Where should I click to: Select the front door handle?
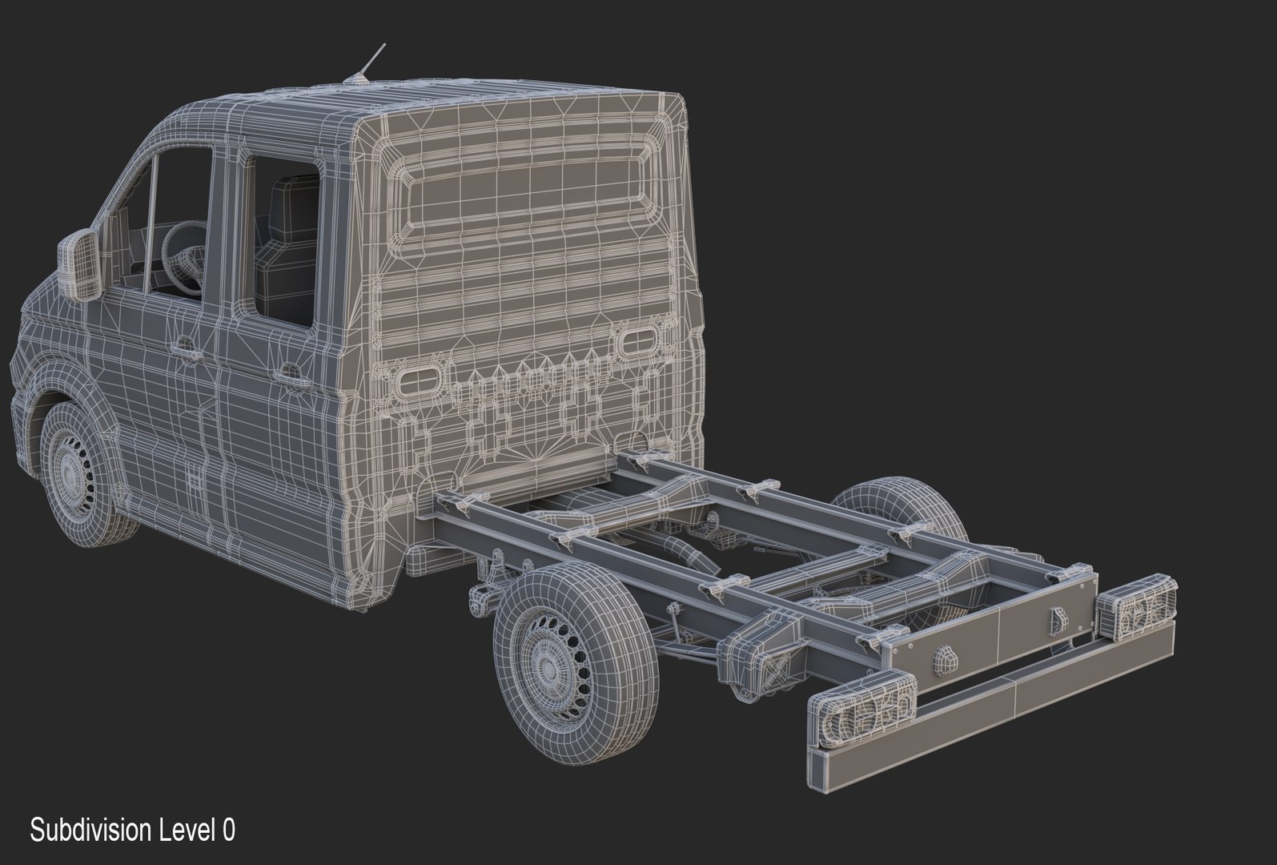tap(186, 348)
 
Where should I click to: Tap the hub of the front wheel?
tap(71, 473)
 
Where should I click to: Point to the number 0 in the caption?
tap(229, 830)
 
